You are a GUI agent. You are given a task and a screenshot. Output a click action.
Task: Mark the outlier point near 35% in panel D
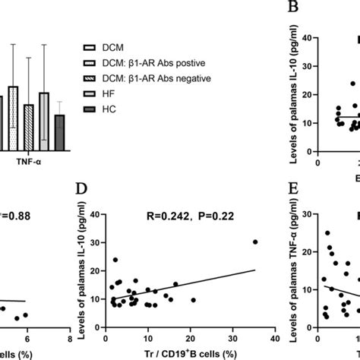[254, 242]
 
